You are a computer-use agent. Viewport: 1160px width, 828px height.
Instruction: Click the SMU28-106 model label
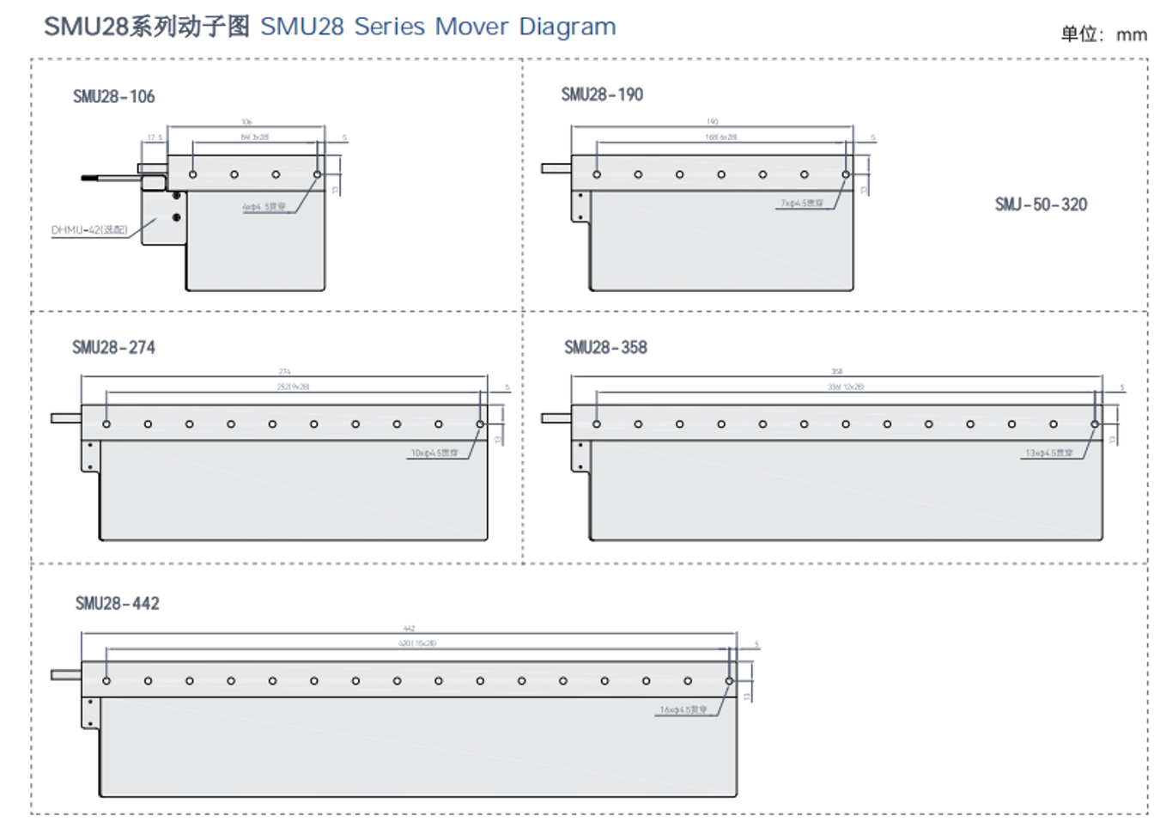113,96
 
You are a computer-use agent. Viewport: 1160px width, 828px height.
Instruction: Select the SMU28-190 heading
602,94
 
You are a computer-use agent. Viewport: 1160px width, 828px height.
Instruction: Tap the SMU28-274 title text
113,347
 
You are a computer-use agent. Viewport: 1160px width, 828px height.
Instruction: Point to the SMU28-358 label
605,347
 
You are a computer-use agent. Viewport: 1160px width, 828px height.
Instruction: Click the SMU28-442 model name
117,603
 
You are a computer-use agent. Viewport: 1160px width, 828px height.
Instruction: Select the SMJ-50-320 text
1041,204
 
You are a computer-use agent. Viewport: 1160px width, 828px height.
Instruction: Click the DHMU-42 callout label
89,229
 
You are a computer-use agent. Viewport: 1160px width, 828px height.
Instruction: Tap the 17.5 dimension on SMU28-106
155,137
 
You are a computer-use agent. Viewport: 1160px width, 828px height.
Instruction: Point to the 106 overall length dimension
246,122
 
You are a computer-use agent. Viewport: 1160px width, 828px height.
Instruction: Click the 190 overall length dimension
712,122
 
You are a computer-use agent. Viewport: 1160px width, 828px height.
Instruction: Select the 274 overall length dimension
284,372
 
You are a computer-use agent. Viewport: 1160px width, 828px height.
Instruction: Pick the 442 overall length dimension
409,629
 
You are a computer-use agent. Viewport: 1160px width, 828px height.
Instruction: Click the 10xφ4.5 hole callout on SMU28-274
434,453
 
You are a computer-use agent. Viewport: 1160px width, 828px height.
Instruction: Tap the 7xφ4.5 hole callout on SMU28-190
801,204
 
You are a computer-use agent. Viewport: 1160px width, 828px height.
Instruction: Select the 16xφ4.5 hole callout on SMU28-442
683,710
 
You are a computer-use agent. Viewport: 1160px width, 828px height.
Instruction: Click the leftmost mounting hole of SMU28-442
106,681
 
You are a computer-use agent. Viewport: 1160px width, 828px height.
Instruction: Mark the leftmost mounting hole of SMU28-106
193,174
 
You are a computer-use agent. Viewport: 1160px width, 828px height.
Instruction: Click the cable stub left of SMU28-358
556,418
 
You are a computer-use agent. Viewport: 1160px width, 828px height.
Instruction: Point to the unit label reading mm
1132,34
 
